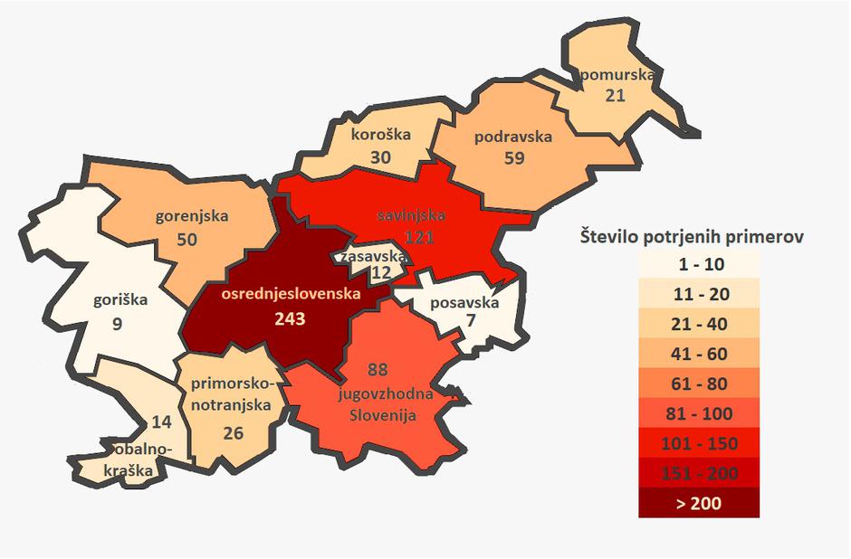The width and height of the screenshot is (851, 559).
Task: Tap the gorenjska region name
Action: (192, 216)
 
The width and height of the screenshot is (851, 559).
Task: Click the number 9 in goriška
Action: (117, 320)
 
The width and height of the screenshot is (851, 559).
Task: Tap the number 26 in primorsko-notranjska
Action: (233, 432)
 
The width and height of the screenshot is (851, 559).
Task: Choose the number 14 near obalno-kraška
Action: (161, 421)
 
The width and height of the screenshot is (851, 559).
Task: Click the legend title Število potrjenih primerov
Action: (693, 237)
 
